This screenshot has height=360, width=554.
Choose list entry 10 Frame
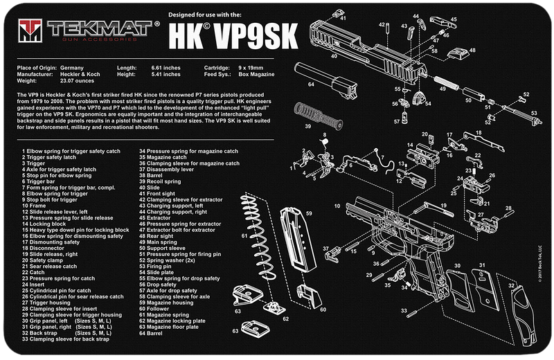(x=35, y=206)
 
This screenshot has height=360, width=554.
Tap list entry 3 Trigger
(x=33, y=163)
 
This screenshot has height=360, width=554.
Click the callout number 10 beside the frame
(x=337, y=206)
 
